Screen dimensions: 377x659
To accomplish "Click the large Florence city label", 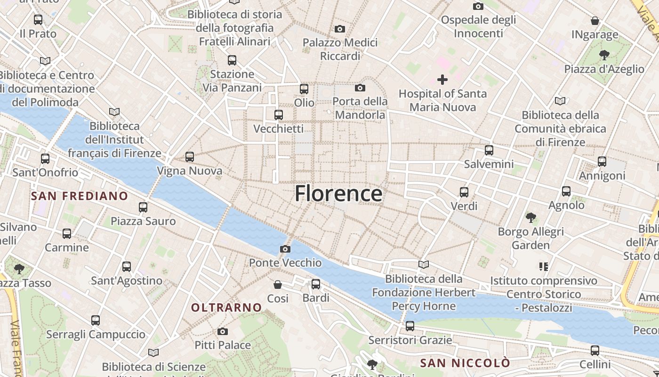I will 338,194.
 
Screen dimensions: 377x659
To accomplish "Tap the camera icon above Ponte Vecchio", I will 285,249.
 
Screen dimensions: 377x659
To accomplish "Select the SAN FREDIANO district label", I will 80,196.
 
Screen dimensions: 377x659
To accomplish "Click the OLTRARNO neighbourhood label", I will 226,308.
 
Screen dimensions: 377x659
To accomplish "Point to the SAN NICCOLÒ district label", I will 465,363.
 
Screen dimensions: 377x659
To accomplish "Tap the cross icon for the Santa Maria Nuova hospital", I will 442,80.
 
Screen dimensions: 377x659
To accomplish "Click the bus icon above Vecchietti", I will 279,115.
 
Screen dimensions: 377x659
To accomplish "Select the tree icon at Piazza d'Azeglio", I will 604,55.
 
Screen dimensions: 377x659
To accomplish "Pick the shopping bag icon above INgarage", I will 595,21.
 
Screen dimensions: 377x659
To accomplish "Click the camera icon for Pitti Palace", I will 223,331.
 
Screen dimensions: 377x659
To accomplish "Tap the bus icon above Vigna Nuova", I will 190,157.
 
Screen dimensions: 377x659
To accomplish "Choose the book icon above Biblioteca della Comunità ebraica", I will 560,101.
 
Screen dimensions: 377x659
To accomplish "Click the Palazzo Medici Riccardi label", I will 340,49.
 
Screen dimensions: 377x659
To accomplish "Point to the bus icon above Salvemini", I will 489,150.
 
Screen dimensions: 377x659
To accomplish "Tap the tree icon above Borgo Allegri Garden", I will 531,218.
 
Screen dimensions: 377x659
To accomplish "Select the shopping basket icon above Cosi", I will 278,284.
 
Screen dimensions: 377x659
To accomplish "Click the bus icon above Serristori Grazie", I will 410,326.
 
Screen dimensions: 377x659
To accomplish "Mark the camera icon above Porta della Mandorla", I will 360,88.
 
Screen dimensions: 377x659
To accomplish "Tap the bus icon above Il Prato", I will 38,20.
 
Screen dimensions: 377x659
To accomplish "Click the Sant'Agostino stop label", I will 127,281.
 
